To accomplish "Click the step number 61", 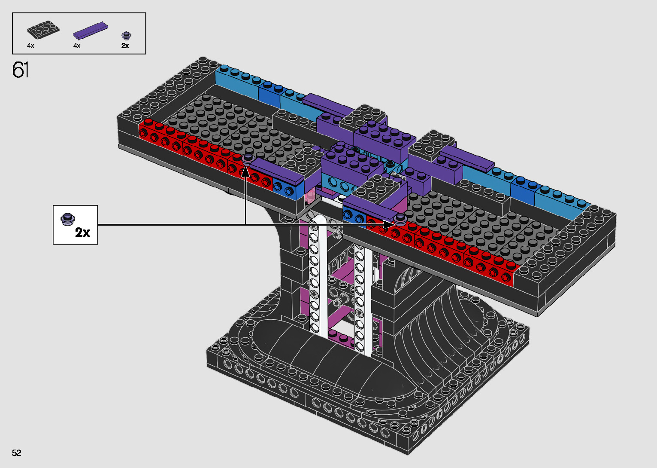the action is (20, 70).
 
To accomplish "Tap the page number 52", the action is (16, 453).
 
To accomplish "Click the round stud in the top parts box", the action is (126, 35).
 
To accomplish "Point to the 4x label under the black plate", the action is (30, 46).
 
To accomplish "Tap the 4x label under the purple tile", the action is (77, 46).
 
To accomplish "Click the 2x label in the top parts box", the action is (125, 46).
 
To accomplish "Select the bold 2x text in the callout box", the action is (82, 232).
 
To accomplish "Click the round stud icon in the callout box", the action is (67, 219).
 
